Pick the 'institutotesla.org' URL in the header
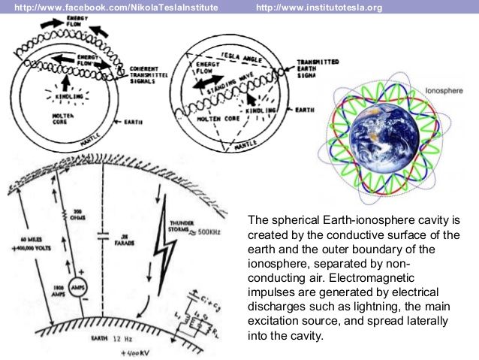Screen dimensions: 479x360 click(319, 8)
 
